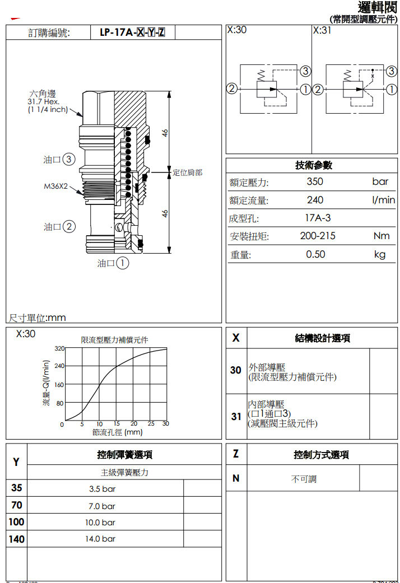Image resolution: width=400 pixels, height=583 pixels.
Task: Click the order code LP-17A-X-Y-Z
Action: (x=132, y=32)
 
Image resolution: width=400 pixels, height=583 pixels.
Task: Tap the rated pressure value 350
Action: (x=315, y=181)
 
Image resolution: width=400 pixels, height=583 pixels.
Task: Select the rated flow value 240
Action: (x=315, y=200)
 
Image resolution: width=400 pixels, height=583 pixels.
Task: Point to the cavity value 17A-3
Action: (x=318, y=218)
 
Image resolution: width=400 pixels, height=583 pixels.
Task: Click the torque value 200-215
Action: (x=318, y=236)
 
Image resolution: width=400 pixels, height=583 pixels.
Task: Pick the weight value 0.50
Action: (x=315, y=254)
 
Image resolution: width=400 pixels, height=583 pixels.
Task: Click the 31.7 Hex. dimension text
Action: (x=44, y=102)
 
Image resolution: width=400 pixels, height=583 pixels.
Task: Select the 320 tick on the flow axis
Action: (x=59, y=348)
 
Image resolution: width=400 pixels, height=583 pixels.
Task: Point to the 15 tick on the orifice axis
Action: (x=117, y=424)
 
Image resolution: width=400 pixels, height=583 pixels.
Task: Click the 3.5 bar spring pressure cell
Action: (x=102, y=489)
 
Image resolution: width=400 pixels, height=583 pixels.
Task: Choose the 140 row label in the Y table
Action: (x=17, y=539)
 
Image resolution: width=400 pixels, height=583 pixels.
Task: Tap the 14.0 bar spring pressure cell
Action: (x=101, y=539)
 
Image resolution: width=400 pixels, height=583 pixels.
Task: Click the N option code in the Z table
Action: (x=236, y=478)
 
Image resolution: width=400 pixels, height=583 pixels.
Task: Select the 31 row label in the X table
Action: (x=236, y=417)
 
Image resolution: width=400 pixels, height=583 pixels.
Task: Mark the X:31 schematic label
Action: (x=322, y=30)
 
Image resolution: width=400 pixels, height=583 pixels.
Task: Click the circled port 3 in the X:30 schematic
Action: (x=305, y=71)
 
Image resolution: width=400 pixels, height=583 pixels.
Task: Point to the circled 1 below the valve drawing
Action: (x=122, y=263)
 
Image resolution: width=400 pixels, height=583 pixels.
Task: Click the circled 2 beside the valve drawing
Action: (x=68, y=227)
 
